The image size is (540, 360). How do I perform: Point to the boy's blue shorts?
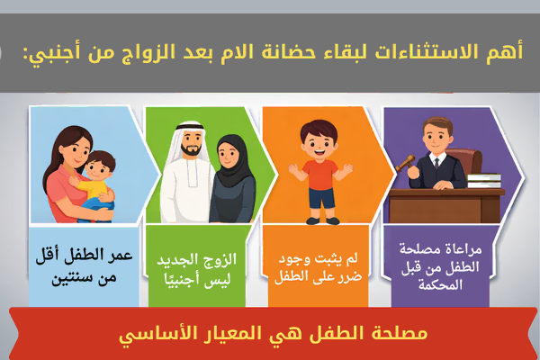(320, 194)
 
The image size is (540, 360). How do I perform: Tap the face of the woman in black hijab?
(233, 148)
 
